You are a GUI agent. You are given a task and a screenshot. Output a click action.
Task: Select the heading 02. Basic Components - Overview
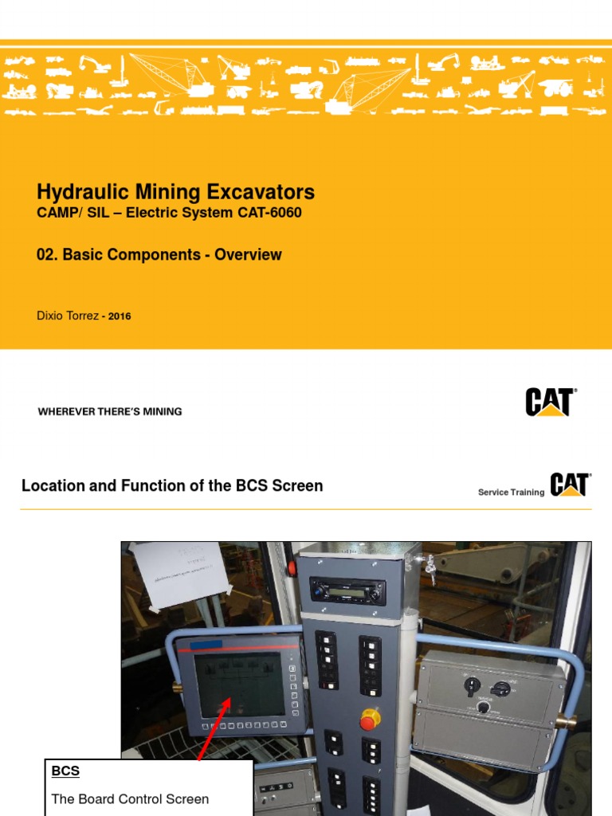coord(159,255)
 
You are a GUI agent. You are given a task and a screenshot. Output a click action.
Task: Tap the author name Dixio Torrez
coord(68,316)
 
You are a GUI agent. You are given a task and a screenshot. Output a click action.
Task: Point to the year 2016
coord(120,316)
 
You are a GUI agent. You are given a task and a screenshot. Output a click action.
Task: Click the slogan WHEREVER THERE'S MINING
coord(110,412)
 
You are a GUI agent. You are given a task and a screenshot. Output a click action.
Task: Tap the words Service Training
coord(511,492)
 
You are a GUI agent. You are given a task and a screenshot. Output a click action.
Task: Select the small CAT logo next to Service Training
coord(570,485)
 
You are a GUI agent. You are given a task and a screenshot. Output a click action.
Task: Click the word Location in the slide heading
coord(53,485)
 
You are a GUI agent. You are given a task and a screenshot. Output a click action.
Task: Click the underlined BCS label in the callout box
coord(65,771)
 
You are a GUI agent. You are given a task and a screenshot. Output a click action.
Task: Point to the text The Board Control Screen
coord(130,798)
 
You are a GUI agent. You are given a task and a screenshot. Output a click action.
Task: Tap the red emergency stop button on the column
coord(370,720)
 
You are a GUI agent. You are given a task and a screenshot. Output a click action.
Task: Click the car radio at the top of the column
coord(347,590)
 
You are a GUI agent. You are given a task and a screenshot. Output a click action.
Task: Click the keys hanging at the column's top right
coord(431,567)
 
